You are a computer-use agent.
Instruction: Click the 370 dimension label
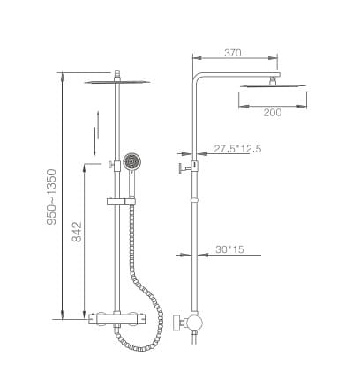tap(233, 53)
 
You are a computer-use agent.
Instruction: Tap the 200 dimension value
tap(273, 113)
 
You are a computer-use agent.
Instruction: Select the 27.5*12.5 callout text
tap(237, 149)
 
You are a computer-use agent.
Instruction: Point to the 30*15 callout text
tap(229, 249)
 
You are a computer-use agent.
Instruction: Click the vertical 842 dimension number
tap(77, 232)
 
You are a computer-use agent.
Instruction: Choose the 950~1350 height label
tap(51, 197)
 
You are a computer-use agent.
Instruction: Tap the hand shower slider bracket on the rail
tap(121, 201)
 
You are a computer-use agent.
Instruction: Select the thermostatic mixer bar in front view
tap(116, 319)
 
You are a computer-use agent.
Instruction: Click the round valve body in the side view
tap(195, 323)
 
